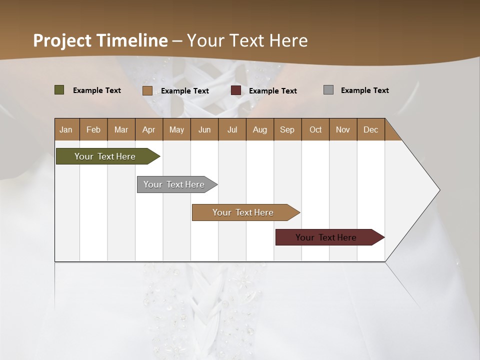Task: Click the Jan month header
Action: coord(66,129)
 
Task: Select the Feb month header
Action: coord(93,129)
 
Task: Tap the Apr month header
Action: coord(148,129)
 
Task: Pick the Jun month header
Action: coord(204,129)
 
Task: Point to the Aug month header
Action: coord(259,129)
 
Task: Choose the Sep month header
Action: coord(287,129)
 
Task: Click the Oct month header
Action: coord(315,129)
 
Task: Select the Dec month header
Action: coord(370,129)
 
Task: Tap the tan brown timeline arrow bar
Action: coord(243,212)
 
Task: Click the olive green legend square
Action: coord(59,90)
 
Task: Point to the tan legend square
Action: coord(147,90)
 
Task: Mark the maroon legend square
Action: coord(236,90)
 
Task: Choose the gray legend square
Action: coord(328,90)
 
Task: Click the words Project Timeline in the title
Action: coord(100,40)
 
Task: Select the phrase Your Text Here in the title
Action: coord(247,40)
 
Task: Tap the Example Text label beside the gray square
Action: coord(364,90)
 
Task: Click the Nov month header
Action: coord(343,129)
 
